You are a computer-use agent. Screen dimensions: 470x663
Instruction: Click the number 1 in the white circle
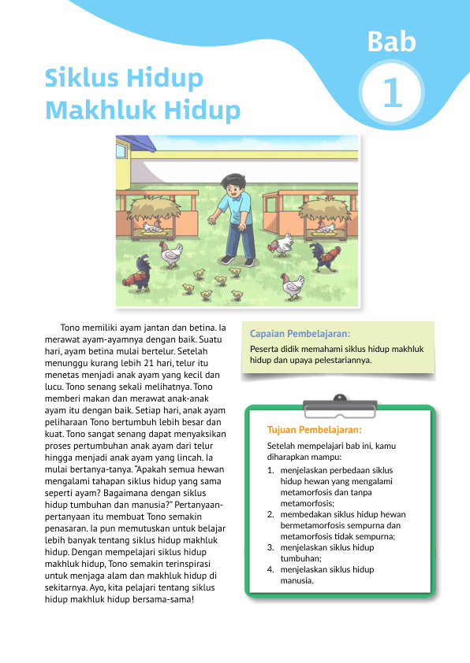click(392, 94)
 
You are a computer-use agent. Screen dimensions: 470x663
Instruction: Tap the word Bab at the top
click(391, 42)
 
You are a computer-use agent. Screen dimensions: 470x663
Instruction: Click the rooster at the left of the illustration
click(144, 272)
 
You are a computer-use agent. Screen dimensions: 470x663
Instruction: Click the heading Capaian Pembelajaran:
click(300, 333)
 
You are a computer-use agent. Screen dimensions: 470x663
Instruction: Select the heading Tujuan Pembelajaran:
click(315, 430)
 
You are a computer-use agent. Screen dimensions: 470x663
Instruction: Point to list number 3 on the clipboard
click(271, 547)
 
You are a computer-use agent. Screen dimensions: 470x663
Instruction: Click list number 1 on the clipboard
click(271, 469)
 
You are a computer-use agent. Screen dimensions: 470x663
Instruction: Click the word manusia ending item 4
click(297, 581)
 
